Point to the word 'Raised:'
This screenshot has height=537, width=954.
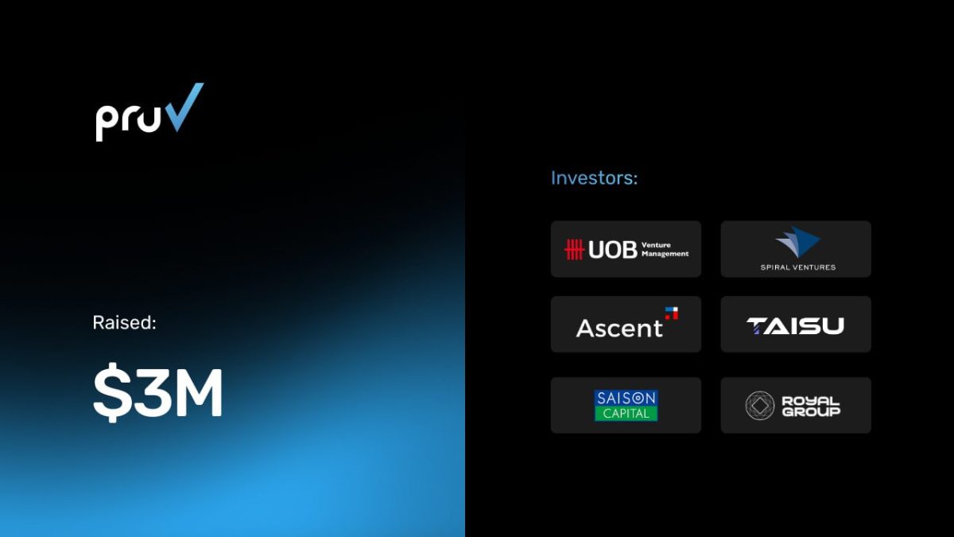(x=124, y=323)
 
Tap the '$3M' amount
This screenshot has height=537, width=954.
(x=157, y=392)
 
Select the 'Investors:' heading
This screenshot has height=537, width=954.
(x=594, y=177)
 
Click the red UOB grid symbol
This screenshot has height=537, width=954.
(x=574, y=249)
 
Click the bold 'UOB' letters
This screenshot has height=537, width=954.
(x=613, y=250)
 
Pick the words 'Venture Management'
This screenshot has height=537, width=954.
(x=665, y=249)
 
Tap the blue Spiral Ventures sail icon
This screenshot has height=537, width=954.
(x=797, y=242)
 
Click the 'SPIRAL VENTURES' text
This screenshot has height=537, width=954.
(x=798, y=267)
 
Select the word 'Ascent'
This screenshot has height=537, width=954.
(x=619, y=328)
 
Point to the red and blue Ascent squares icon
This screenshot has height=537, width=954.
(x=672, y=313)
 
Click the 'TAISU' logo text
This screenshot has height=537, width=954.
(x=795, y=326)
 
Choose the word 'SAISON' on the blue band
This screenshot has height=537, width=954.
(x=626, y=398)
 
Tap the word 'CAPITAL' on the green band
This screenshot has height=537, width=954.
(x=626, y=414)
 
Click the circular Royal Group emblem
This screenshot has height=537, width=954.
(x=760, y=405)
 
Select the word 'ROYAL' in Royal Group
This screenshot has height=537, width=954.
(x=810, y=401)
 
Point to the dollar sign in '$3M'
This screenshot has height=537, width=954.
(x=112, y=392)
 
